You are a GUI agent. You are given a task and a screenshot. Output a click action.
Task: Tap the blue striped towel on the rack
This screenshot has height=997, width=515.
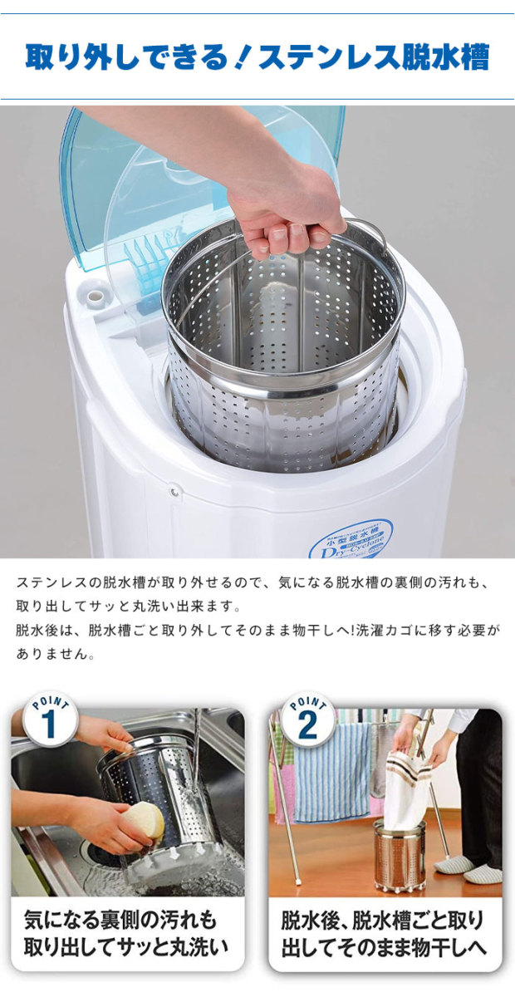(332, 773)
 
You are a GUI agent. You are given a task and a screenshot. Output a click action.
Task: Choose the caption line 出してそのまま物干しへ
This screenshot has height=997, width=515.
(383, 947)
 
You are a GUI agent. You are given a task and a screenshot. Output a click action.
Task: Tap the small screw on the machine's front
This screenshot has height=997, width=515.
(174, 492)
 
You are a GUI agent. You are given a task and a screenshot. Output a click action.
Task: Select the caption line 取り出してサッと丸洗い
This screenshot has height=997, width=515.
(125, 947)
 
